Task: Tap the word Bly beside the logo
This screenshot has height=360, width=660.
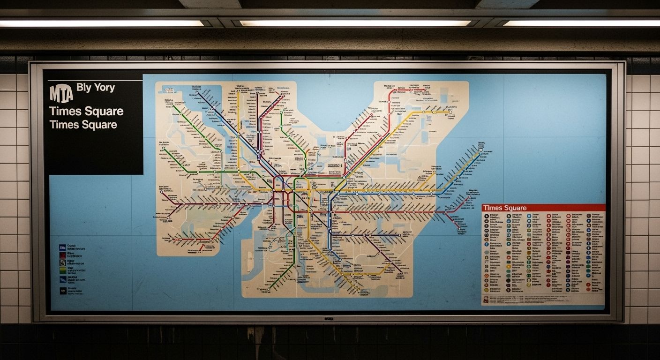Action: coord(84,88)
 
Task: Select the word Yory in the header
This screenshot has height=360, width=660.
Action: coord(104,88)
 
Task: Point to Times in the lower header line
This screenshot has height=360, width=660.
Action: coord(64,125)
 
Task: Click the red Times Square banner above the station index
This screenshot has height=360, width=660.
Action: coord(543,208)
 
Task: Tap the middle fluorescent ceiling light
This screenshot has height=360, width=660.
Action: coord(355,23)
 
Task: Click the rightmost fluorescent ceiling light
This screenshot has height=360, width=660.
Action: coord(581,23)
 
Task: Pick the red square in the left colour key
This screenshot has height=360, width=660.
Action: coord(62,255)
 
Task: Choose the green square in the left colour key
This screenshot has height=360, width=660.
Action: coord(62,263)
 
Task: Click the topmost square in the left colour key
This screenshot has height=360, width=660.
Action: coord(62,247)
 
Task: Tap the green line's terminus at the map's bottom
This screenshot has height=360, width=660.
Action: coord(268,290)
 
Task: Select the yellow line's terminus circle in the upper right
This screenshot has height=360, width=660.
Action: coord(449,112)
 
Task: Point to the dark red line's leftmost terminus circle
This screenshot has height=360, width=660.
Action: coord(162,192)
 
